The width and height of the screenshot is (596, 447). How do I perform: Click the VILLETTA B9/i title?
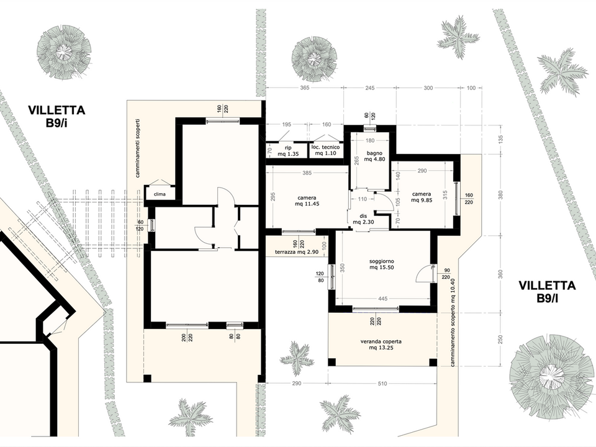click(x=56, y=115)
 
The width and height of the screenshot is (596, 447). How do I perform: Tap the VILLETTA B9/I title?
click(x=547, y=291)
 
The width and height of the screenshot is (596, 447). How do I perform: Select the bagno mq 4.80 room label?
click(x=374, y=156)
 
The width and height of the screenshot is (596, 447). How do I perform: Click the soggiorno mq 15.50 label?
click(x=382, y=264)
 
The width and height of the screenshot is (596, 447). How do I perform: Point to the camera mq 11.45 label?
click(x=307, y=201)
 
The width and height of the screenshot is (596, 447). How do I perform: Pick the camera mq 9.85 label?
click(x=422, y=197)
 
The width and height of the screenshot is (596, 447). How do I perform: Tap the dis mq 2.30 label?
click(x=363, y=219)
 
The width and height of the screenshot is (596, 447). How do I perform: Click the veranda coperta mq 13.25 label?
click(x=381, y=345)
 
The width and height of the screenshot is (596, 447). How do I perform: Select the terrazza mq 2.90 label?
click(x=297, y=252)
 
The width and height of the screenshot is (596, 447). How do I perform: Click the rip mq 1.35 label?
click(x=287, y=150)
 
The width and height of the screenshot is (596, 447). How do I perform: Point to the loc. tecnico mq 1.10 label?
click(x=325, y=150)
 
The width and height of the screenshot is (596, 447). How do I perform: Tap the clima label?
click(x=160, y=194)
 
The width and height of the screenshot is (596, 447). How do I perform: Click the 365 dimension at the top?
click(x=304, y=88)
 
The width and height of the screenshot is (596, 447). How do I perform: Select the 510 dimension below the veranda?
click(x=382, y=384)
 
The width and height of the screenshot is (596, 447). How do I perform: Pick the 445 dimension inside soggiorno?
click(x=383, y=299)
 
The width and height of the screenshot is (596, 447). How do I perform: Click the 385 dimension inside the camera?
click(x=307, y=173)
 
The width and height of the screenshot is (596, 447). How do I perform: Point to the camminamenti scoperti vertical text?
click(x=138, y=148)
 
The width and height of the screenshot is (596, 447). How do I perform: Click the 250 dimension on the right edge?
click(x=500, y=340)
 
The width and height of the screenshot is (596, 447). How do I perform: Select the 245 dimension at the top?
click(x=370, y=88)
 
